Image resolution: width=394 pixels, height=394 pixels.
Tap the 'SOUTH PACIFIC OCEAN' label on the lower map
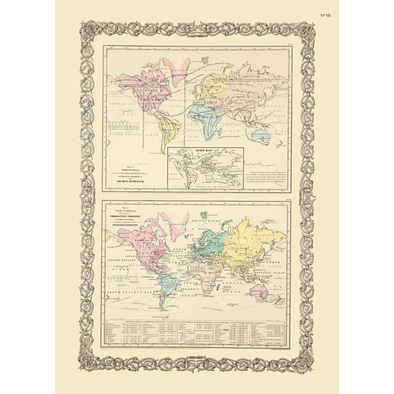(x=129, y=294)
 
